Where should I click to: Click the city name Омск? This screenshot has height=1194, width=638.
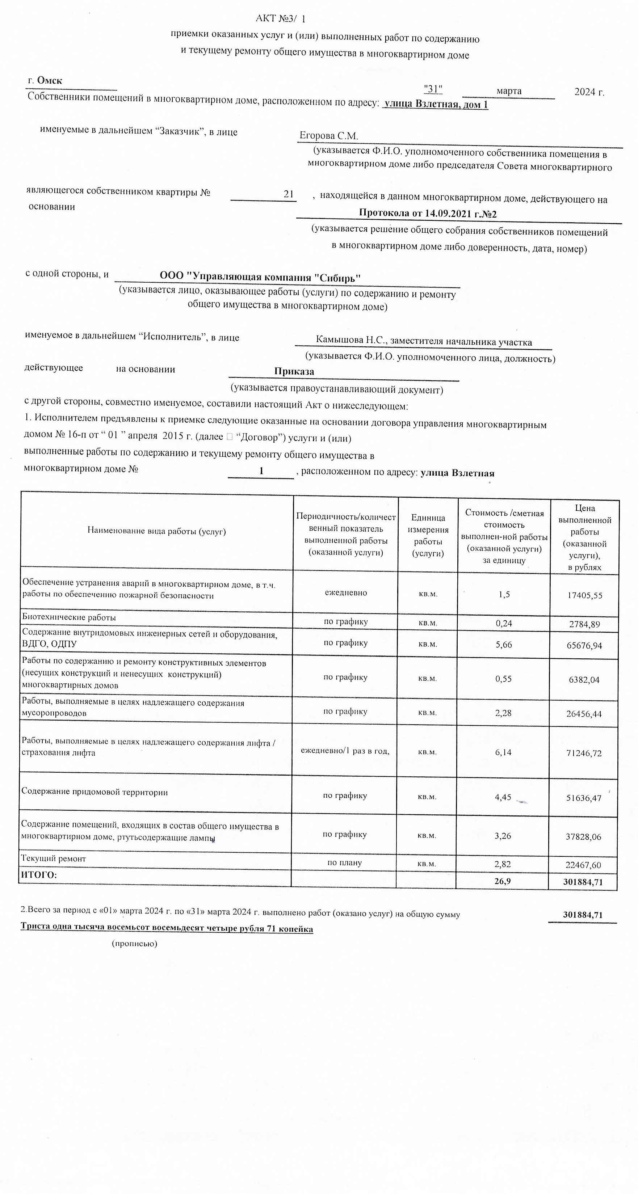click(x=50, y=81)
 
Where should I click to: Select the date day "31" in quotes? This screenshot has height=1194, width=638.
click(x=433, y=89)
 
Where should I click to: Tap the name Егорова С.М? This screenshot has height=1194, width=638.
click(x=329, y=136)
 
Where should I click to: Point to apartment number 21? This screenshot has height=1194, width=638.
click(x=289, y=194)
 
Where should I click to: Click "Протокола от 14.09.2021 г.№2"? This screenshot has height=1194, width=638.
click(x=428, y=214)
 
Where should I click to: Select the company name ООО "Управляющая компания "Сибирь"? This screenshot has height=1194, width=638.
click(x=260, y=277)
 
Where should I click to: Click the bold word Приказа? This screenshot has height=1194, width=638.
click(x=294, y=371)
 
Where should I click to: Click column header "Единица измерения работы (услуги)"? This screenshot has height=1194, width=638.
click(x=428, y=535)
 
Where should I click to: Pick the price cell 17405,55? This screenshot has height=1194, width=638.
click(x=585, y=595)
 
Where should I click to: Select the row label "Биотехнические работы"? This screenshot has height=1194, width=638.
click(x=69, y=617)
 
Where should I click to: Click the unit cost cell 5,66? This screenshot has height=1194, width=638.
click(x=504, y=644)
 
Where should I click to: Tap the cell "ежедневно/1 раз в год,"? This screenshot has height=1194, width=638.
click(x=345, y=750)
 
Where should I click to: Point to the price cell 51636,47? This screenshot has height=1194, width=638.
click(x=583, y=798)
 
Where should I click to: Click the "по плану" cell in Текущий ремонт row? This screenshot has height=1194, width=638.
click(x=344, y=862)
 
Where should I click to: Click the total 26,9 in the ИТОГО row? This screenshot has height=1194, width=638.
click(x=502, y=881)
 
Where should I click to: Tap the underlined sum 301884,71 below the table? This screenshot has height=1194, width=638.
click(x=582, y=915)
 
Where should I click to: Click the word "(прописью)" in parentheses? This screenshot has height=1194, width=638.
click(x=134, y=943)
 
